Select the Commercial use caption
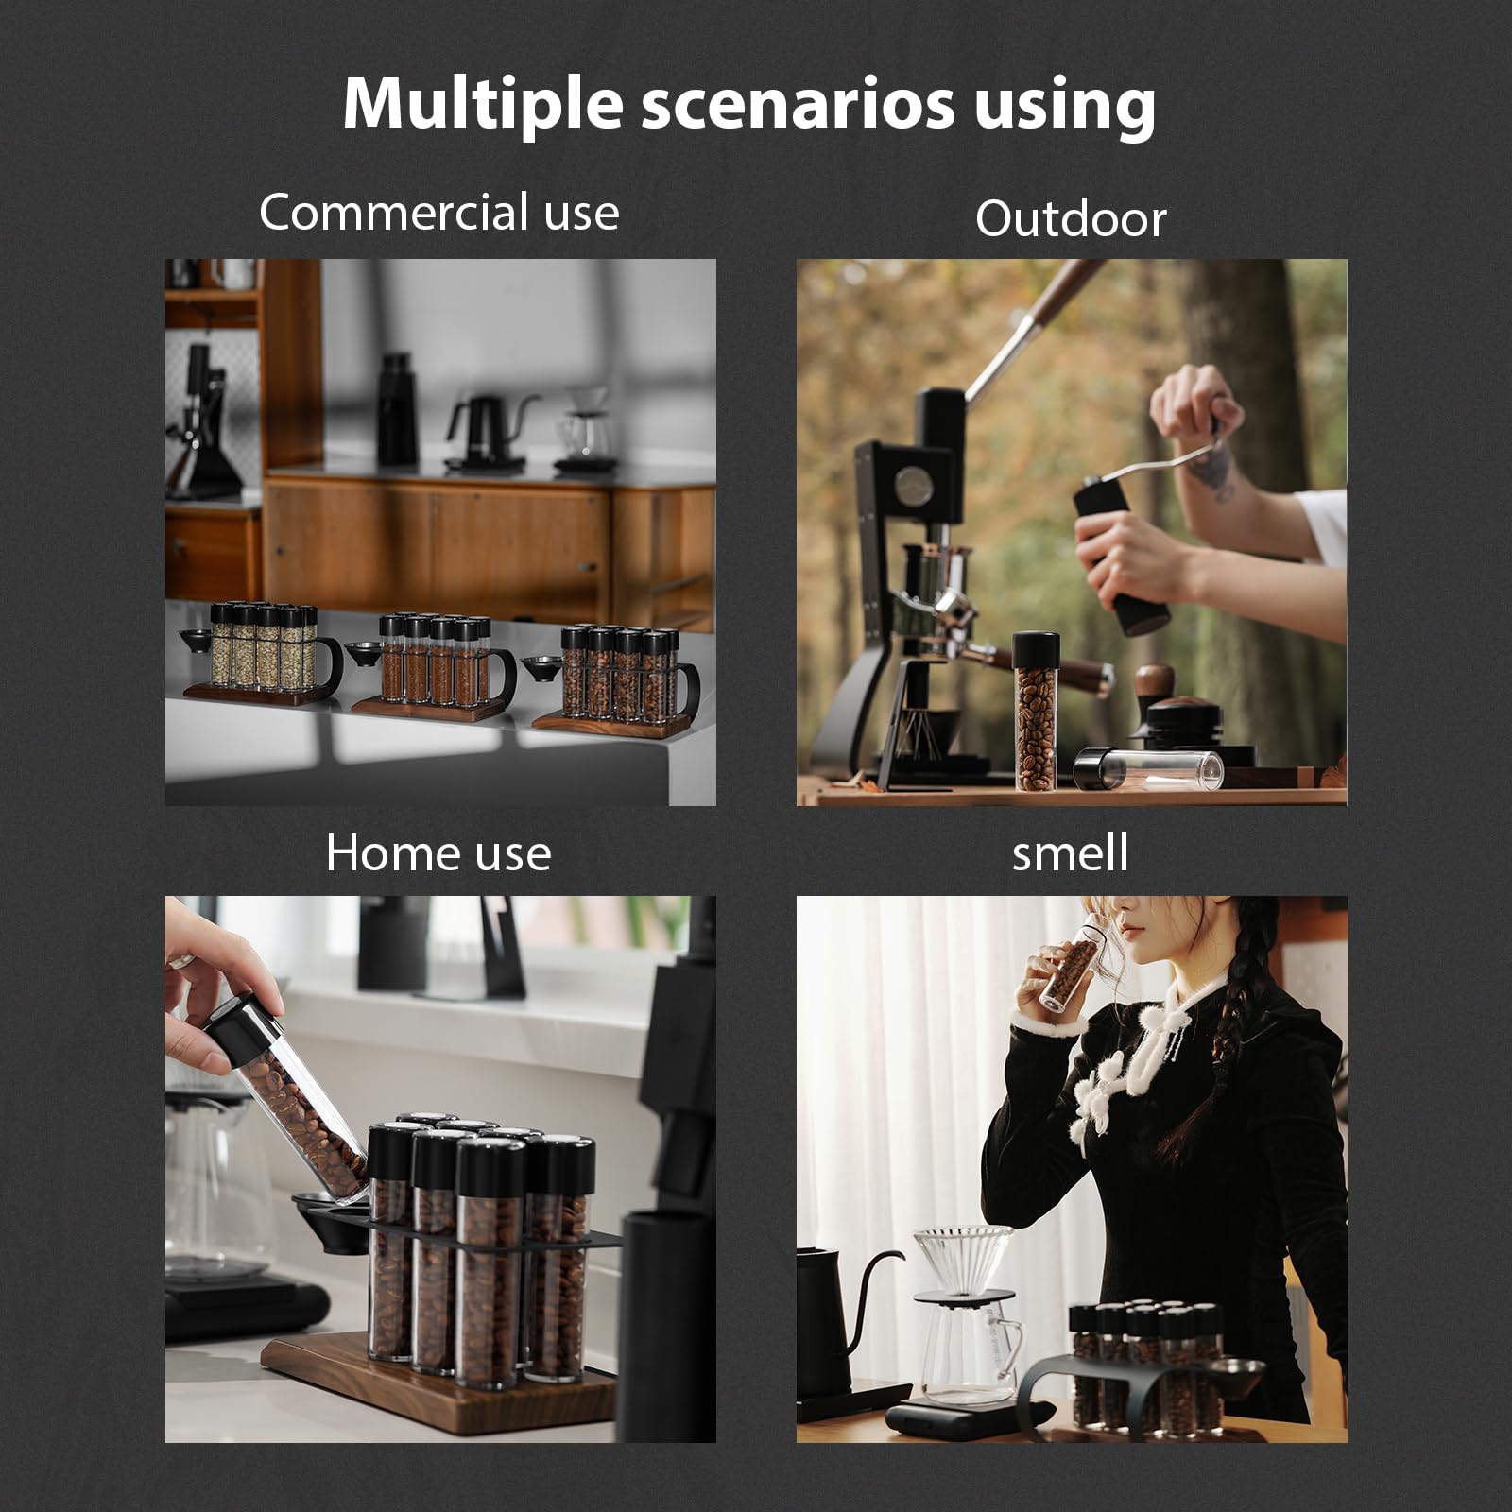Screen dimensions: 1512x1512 click(438, 212)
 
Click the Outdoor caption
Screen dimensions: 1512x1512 click(1070, 219)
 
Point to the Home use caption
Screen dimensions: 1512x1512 click(438, 853)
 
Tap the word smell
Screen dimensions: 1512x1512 click(1070, 852)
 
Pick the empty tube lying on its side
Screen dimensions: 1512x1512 click(1149, 769)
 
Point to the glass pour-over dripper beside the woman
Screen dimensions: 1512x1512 click(962, 1257)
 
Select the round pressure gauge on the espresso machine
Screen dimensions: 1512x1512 click(914, 486)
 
